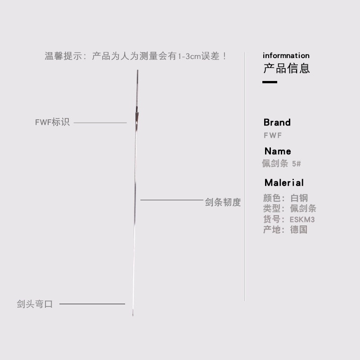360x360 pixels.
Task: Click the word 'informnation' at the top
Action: (286, 56)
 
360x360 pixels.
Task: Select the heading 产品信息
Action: (286, 69)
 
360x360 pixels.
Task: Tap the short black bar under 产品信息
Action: (270, 82)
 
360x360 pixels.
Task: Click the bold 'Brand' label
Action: (277, 122)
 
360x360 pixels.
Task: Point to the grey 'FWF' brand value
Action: (273, 135)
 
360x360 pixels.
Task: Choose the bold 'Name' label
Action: (278, 151)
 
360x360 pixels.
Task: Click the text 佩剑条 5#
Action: (282, 164)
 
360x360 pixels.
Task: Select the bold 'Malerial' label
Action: (284, 183)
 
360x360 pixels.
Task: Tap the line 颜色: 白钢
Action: (285, 198)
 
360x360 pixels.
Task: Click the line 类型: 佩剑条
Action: (290, 209)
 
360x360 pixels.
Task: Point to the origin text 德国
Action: (299, 230)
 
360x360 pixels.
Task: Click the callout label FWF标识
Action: (52, 122)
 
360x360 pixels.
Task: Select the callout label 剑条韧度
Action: (223, 202)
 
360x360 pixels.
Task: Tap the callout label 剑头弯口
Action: (35, 304)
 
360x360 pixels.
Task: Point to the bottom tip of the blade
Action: (133, 314)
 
